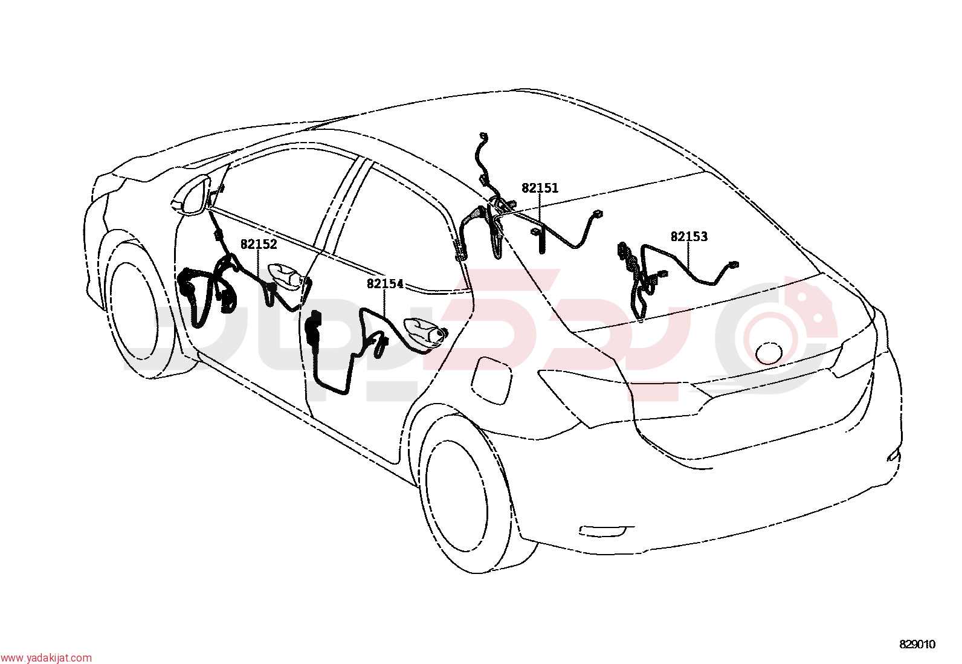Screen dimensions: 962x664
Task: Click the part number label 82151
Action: coord(540,188)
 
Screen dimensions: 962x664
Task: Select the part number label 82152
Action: coord(259,244)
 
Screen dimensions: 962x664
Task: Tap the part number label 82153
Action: coord(689,237)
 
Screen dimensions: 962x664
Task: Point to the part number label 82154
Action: coord(385,284)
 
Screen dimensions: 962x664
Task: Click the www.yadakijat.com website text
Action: coord(46,657)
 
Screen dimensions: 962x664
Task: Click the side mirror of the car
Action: coord(190,196)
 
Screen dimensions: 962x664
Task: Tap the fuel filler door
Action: coord(492,379)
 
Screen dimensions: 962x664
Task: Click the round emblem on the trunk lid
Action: coord(769,353)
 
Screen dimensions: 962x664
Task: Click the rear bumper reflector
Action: coord(606,531)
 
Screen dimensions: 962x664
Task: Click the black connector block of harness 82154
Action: coord(313,329)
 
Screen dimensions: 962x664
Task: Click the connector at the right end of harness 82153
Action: coord(733,265)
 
